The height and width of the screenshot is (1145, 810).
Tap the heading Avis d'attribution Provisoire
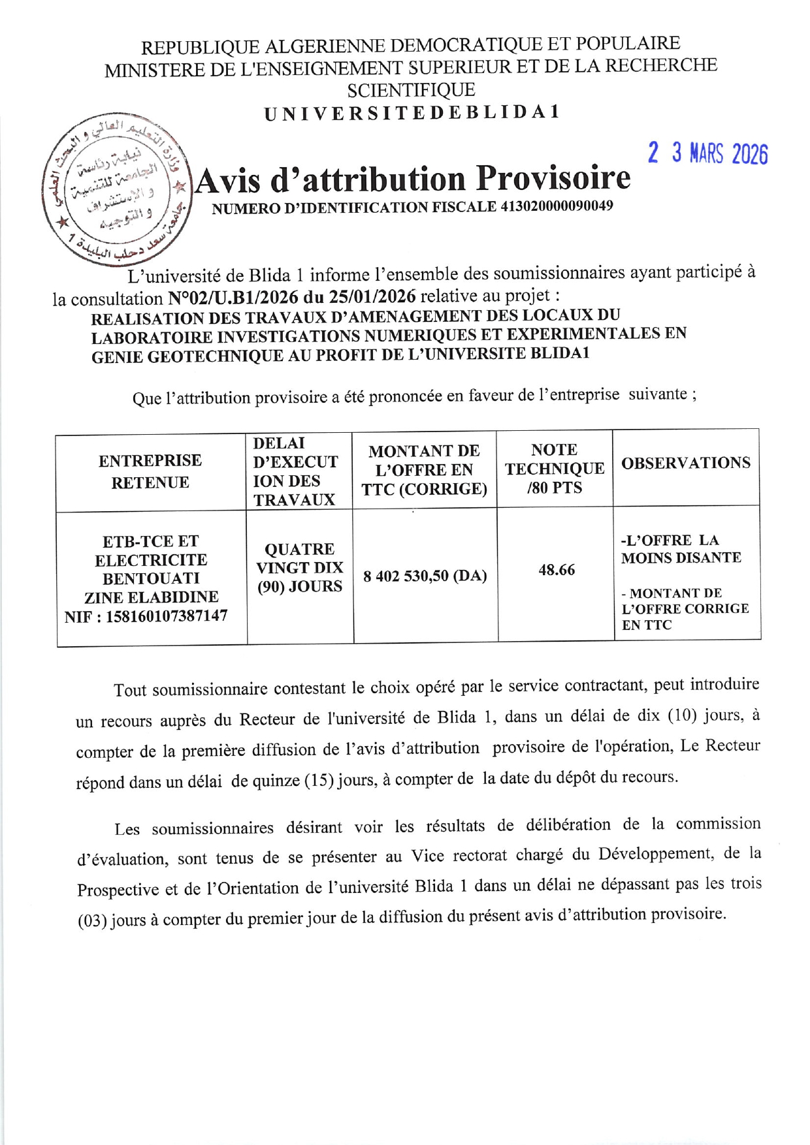click(413, 180)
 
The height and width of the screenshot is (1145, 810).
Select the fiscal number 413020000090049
click(557, 206)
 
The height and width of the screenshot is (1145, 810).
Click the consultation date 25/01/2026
click(372, 296)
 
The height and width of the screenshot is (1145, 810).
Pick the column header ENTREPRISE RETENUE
click(150, 471)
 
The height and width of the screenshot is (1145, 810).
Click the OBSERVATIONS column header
click(685, 463)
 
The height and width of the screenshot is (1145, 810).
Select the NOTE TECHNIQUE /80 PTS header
click(554, 468)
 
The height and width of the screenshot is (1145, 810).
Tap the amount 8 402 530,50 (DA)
click(425, 576)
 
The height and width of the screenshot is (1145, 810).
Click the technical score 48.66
click(557, 570)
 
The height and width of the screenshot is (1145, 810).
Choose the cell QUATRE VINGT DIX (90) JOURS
click(300, 567)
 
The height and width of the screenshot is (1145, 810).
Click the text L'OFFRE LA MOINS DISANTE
click(681, 549)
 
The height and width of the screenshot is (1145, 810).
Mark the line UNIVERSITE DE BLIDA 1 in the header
click(412, 112)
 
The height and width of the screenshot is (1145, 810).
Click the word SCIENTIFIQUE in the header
click(411, 90)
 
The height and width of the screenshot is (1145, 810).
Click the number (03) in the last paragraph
click(92, 921)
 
